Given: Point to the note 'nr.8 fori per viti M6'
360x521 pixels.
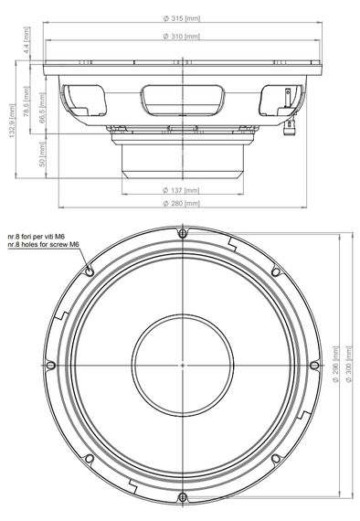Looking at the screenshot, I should (44, 235).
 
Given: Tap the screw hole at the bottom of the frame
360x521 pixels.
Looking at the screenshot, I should (183, 496).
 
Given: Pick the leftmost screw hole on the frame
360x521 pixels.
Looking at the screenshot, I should (51, 365).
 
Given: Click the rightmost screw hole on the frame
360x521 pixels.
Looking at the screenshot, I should (314, 365).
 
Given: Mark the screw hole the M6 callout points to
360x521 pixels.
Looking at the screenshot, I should (90, 271).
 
